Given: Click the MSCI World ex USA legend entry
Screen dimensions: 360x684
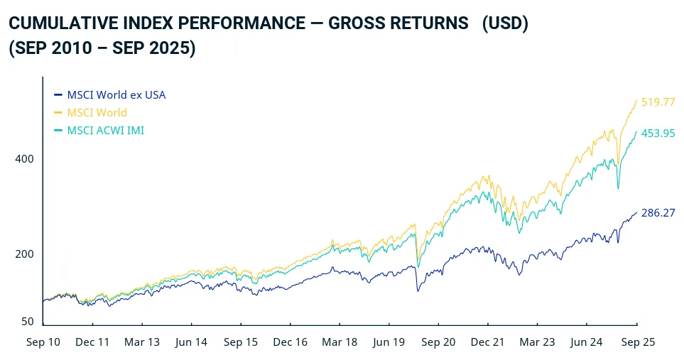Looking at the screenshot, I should (x=116, y=94).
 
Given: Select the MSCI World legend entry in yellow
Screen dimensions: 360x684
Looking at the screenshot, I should (x=97, y=112).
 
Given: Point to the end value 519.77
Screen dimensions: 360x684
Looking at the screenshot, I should (x=658, y=102).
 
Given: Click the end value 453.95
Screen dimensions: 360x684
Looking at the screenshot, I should (x=658, y=133).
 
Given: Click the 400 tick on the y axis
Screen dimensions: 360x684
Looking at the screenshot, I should (x=25, y=158).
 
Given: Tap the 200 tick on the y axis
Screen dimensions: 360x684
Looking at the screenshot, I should (x=25, y=254).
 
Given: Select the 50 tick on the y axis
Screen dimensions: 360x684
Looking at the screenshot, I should (x=28, y=322).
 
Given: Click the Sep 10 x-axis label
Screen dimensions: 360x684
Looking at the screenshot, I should (x=43, y=342).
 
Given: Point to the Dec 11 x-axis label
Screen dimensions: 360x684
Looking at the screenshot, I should (x=92, y=342).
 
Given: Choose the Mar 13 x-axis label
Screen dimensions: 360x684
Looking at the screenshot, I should (x=142, y=342).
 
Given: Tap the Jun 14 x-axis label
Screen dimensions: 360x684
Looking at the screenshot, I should (x=191, y=342).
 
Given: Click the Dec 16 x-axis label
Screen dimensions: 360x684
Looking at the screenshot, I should (x=291, y=342).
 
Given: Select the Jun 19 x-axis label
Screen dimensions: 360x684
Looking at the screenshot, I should (x=389, y=342).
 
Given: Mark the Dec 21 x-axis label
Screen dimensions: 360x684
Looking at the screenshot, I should (x=488, y=342).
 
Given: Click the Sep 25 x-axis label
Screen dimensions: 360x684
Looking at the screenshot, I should (x=638, y=342).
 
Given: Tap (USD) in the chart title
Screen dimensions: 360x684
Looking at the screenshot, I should (x=504, y=23).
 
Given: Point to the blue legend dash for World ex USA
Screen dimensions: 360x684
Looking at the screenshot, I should (x=58, y=94).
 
